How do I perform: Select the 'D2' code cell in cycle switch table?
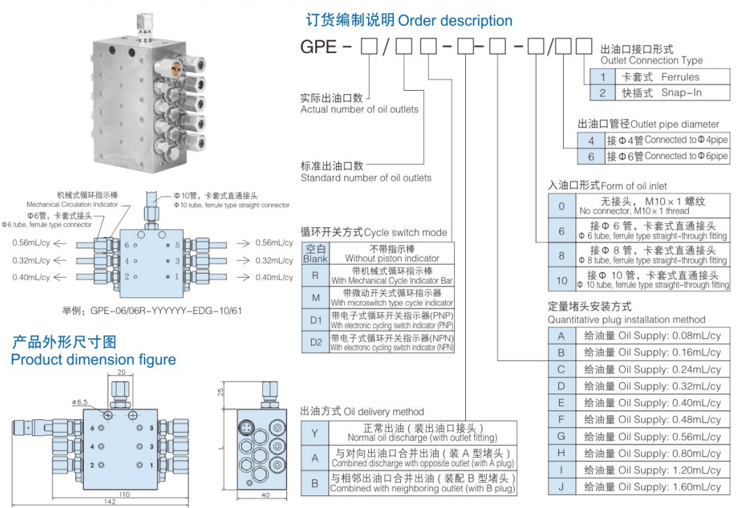[315, 342]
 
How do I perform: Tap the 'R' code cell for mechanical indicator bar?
[315, 275]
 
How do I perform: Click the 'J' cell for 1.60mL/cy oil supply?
[561, 486]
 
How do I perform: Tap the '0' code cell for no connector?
[562, 207]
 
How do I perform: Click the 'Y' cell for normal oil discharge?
[315, 433]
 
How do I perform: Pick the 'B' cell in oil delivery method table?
[315, 482]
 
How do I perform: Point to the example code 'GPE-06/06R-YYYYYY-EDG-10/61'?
[152, 311]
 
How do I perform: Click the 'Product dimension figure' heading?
[93, 359]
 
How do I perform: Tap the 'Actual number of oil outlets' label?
[359, 109]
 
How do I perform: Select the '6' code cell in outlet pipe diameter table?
[590, 157]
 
